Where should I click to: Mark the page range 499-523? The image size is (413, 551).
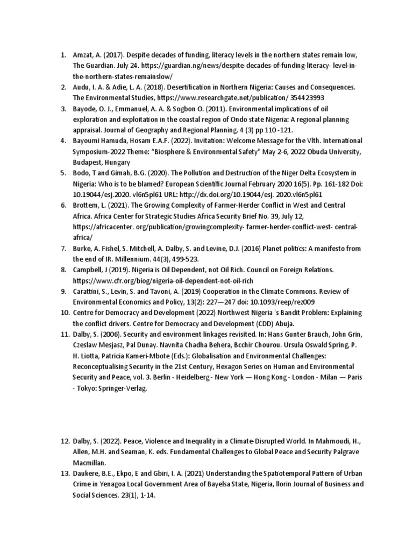[x=184, y=259]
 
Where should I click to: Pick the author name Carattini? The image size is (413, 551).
[x=88, y=292]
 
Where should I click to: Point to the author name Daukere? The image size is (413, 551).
[x=87, y=474]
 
